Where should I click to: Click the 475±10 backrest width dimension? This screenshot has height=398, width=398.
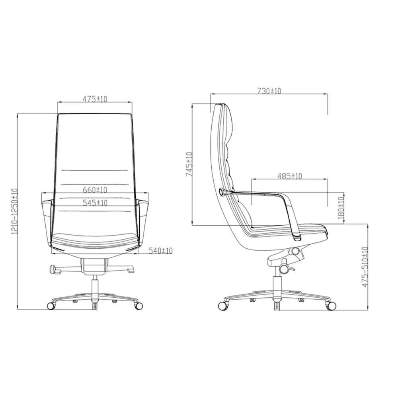tap(95, 99)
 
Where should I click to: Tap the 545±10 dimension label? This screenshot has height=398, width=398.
tap(95, 203)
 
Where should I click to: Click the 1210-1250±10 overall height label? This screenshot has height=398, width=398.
tap(15, 211)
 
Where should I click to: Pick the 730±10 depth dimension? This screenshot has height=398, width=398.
tap(269, 91)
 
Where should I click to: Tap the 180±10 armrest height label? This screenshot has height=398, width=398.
tap(340, 207)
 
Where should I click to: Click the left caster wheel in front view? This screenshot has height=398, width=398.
tap(51, 306)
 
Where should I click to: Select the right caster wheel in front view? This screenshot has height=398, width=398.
tap(139, 306)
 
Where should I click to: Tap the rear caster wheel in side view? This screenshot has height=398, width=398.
tap(222, 306)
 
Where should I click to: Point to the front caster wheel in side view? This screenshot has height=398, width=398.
tap(331, 306)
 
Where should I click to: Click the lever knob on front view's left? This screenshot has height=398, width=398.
tap(53, 269)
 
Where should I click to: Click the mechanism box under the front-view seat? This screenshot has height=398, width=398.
tap(94, 265)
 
